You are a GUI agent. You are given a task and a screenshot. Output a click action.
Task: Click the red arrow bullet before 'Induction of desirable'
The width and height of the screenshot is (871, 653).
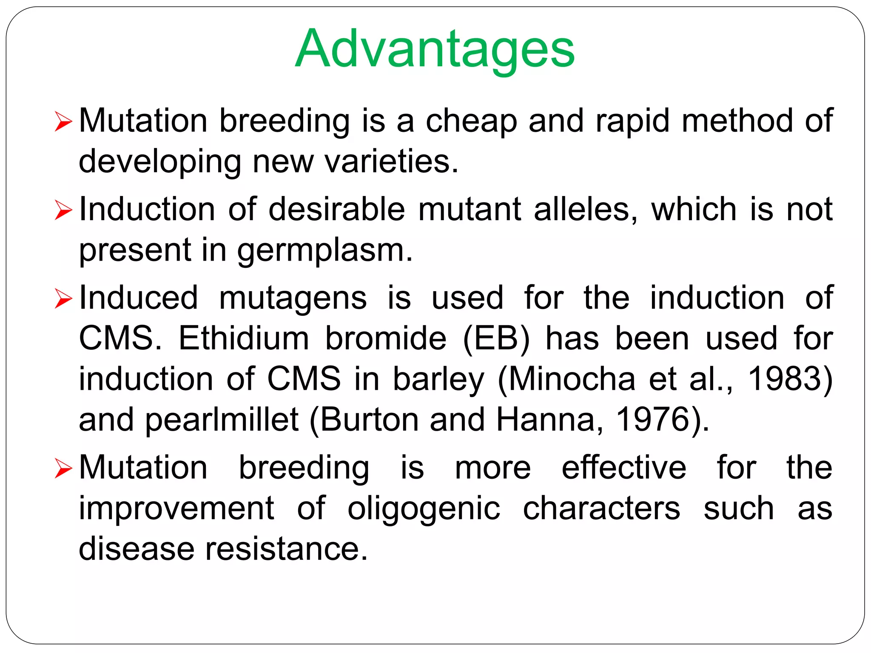64,211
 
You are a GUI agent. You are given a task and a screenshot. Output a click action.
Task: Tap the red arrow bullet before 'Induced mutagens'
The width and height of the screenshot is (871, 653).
64,299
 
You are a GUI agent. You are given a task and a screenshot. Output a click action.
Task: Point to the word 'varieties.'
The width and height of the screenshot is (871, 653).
391,162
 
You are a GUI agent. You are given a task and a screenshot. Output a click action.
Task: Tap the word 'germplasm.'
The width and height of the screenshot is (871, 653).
325,251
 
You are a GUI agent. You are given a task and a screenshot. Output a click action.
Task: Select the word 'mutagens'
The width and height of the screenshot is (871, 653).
293,298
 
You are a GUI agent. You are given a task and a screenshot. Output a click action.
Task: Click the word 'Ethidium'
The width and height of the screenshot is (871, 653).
244,338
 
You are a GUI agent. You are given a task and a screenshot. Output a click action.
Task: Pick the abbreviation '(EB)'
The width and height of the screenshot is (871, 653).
496,339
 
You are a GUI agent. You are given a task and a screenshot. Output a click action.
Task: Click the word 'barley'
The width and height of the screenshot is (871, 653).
438,380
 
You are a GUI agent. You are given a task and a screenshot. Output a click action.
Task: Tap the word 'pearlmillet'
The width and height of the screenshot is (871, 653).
222,420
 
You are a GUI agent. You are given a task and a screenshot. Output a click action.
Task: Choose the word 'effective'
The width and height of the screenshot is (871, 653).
623,467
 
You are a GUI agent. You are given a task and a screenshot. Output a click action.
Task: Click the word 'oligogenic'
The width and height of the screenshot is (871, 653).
424,509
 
